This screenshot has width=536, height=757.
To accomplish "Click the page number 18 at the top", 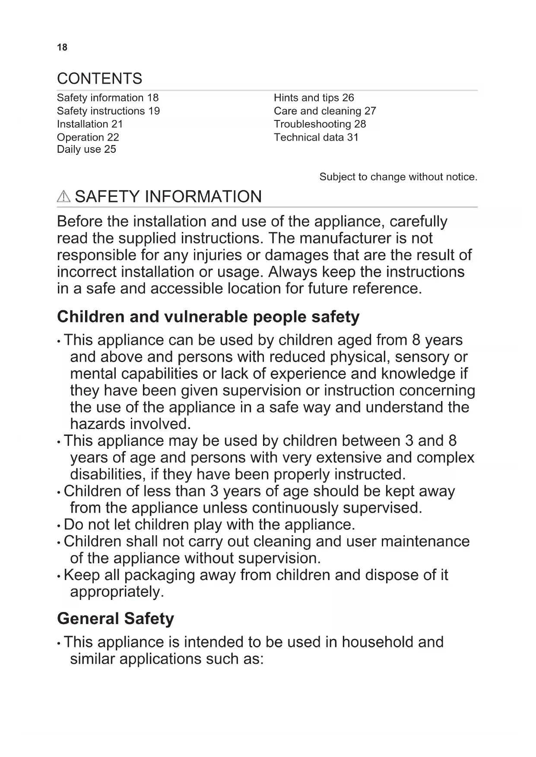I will pyautogui.click(x=62, y=47).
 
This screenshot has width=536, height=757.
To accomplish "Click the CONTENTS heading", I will pyautogui.click(x=99, y=79).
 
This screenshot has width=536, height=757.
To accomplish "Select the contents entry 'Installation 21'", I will pyautogui.click(x=90, y=124).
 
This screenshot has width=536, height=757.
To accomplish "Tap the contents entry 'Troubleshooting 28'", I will pyautogui.click(x=320, y=124).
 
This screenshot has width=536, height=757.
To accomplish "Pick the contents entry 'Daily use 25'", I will pyautogui.click(x=86, y=149).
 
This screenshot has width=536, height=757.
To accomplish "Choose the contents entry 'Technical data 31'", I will pyautogui.click(x=316, y=137).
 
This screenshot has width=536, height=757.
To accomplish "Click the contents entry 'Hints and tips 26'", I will pyautogui.click(x=314, y=98).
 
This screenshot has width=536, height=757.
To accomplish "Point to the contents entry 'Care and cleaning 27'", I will pyautogui.click(x=325, y=111).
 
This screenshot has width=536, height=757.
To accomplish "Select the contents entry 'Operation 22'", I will pyautogui.click(x=88, y=137).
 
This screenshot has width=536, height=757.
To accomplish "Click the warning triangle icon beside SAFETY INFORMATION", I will pyautogui.click(x=63, y=197).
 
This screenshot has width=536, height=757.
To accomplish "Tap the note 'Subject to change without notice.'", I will pyautogui.click(x=398, y=177).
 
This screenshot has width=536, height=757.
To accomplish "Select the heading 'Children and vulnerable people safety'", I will pyautogui.click(x=208, y=317).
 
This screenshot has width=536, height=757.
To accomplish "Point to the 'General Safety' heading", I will pyautogui.click(x=115, y=618).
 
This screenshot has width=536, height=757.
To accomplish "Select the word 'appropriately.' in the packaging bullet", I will pyautogui.click(x=117, y=592).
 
